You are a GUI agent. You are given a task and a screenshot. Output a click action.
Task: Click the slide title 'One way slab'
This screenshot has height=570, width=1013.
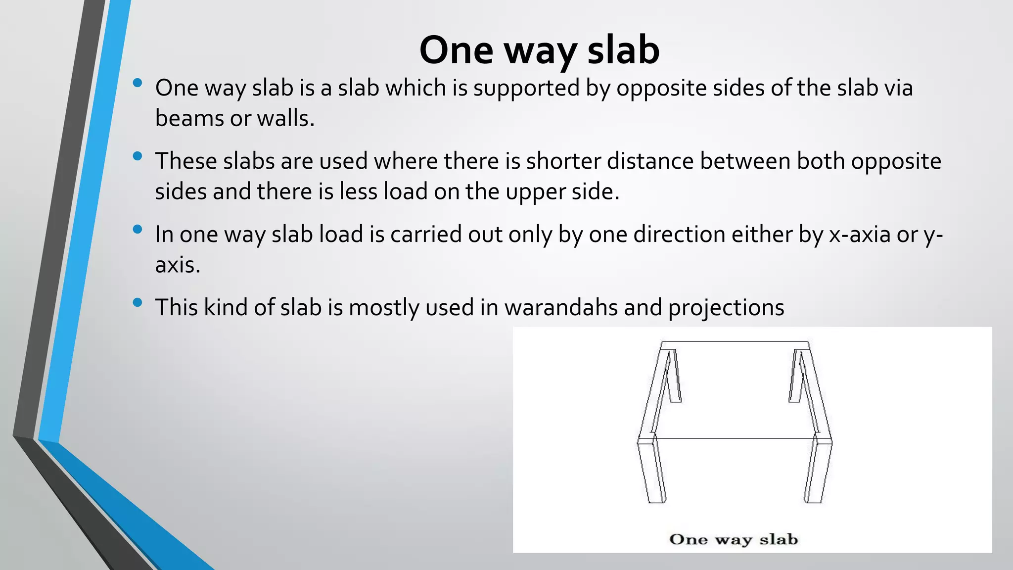tap(539, 50)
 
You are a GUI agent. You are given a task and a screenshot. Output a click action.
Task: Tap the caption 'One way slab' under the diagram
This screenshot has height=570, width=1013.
tap(733, 539)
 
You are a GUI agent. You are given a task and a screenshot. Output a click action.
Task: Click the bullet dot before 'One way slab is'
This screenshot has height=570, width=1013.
tap(138, 83)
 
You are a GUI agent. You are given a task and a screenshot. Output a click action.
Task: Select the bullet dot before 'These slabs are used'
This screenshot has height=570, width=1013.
tap(138, 156)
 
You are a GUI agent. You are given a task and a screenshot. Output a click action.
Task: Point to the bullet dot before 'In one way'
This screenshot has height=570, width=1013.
tap(138, 229)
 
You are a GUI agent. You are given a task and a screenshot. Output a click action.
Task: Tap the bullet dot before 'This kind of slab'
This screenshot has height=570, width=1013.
tap(138, 302)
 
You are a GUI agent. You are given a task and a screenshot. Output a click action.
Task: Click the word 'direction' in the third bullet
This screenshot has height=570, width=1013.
tap(679, 235)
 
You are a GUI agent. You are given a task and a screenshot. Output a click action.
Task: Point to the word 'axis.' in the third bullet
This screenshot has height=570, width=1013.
tap(178, 265)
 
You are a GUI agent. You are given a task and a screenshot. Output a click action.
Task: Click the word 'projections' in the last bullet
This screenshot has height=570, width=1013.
tap(726, 307)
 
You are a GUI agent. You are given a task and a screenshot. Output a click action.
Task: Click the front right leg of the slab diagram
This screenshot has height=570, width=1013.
tap(818, 473)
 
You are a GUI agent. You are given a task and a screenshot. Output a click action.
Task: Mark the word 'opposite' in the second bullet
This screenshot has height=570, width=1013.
tap(896, 161)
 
